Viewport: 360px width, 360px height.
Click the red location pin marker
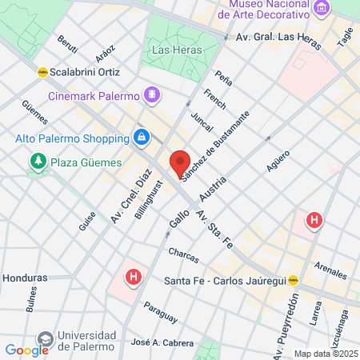point(180,163)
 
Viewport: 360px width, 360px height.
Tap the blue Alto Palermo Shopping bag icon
point(141,138)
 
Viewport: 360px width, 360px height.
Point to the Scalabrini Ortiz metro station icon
point(42,72)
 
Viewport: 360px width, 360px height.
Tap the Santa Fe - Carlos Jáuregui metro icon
point(294,280)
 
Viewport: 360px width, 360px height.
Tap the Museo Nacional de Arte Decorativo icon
point(322,9)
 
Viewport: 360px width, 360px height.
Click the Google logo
point(26,350)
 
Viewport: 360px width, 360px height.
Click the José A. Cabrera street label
point(162,343)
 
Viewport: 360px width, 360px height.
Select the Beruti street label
point(67,42)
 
